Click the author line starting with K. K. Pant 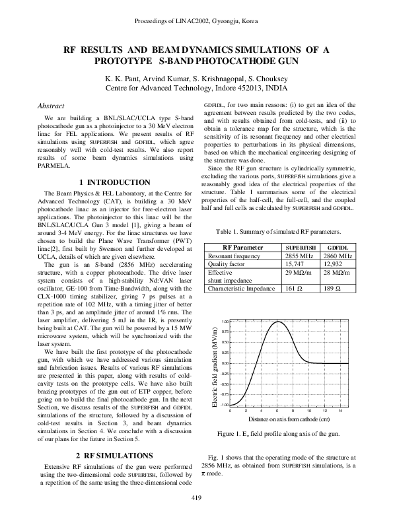pyautogui.click(x=196, y=77)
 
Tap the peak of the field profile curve pyautogui.click(x=280, y=321)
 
